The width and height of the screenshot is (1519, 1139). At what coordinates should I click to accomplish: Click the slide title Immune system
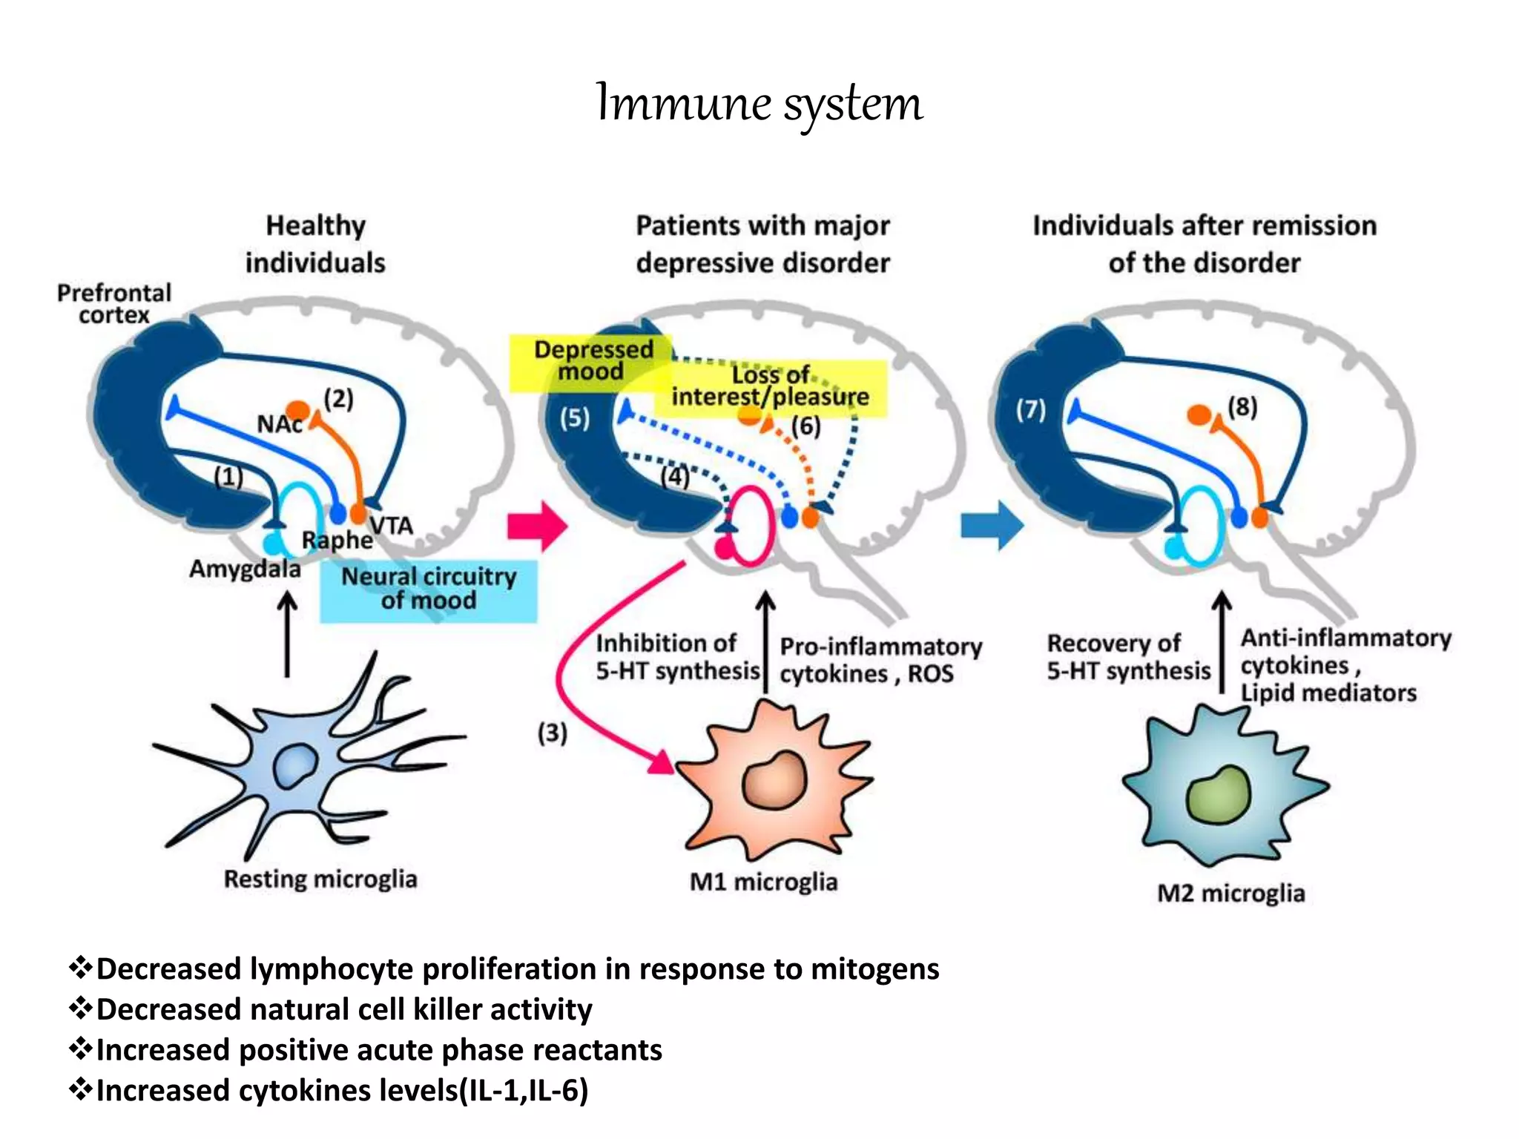[x=759, y=103]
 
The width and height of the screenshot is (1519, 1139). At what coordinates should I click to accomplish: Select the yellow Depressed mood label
[x=592, y=361]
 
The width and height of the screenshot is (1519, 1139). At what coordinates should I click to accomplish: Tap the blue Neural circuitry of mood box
[x=428, y=589]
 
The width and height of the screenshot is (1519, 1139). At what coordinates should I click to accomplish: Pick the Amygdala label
[x=245, y=569]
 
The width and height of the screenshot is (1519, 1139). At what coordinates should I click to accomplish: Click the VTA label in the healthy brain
[x=391, y=525]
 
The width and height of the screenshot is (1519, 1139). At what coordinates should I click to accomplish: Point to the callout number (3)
[x=553, y=733]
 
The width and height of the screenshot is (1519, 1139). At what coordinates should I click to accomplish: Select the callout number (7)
[x=1030, y=409]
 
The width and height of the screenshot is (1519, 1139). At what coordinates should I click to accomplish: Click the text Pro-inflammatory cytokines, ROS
[x=880, y=660]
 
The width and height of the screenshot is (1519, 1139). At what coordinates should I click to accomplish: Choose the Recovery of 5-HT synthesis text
[x=1127, y=657]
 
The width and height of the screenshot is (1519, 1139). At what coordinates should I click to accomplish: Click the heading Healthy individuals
[x=315, y=244]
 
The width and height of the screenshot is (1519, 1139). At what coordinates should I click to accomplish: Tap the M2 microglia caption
[x=1230, y=893]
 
